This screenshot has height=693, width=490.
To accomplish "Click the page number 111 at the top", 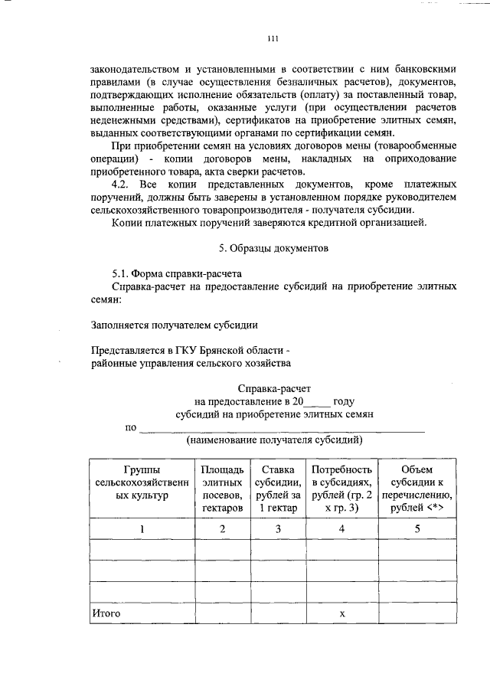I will [273, 39].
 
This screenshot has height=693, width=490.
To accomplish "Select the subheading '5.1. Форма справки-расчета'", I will [174, 273].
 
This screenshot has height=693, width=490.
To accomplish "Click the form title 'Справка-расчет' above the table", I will [274, 389].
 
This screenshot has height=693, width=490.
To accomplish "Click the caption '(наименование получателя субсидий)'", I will [274, 440].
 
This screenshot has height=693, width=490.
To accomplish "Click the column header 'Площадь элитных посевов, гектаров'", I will [223, 487].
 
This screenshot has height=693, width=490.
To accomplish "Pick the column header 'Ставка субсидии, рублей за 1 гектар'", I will [277, 487].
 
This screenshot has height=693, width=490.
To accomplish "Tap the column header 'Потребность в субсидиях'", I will [341, 487].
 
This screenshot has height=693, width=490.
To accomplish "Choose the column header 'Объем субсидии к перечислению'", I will [417, 487].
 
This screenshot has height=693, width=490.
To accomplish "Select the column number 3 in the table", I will [277, 528].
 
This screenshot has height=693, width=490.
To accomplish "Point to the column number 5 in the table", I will [417, 528].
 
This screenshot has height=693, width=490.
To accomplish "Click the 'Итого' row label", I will [106, 613].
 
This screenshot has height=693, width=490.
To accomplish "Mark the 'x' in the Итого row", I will [342, 613].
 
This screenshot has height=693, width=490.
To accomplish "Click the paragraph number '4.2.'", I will [122, 185].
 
